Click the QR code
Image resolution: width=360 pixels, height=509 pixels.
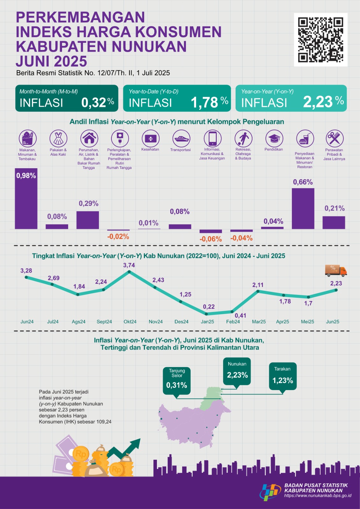(321, 40)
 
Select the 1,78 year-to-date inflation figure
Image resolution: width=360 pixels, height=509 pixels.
(204, 102)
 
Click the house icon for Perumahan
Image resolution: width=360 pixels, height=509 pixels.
(89, 138)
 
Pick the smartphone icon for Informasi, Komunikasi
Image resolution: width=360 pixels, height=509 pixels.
(212, 138)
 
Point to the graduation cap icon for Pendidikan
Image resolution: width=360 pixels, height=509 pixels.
(274, 138)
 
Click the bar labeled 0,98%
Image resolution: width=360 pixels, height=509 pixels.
(26, 199)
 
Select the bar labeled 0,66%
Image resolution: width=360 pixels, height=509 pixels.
(303, 208)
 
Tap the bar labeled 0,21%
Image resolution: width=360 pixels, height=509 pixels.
(334, 222)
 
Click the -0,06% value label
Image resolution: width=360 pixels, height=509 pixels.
(210, 239)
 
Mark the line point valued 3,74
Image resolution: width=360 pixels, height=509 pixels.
(129, 272)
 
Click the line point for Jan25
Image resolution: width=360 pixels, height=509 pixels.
(207, 314)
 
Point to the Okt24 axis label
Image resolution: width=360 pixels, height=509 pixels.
(130, 322)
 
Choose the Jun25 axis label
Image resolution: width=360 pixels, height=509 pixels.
(333, 322)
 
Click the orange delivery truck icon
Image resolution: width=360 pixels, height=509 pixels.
(336, 270)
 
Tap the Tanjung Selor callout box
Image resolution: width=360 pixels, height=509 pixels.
(177, 380)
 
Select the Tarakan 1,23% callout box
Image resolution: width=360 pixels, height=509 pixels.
(283, 376)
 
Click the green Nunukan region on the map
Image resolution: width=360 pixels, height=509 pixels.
(210, 398)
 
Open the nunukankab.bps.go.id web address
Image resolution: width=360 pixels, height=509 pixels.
(318, 496)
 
